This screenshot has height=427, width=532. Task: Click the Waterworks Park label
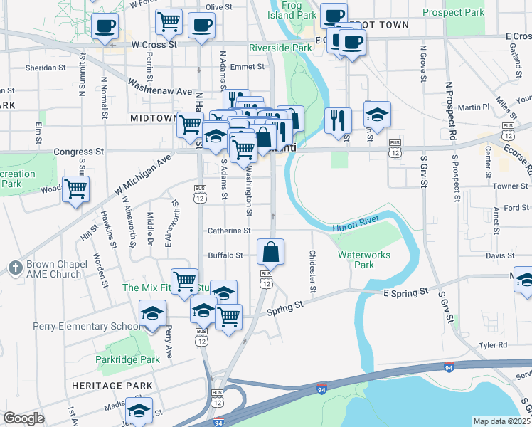(356, 260)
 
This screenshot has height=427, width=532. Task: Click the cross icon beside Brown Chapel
(14, 268)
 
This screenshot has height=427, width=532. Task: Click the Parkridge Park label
(128, 359)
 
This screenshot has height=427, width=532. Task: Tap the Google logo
(23, 418)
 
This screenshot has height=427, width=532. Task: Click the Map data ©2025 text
(501, 421)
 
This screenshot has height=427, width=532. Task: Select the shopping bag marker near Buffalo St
(271, 253)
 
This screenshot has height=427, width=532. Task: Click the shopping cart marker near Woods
(75, 190)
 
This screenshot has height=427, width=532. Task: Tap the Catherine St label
(229, 231)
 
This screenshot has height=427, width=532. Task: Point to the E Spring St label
(405, 292)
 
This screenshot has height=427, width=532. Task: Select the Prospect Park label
(453, 13)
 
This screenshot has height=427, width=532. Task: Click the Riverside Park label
(280, 48)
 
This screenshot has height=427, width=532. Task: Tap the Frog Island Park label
(293, 9)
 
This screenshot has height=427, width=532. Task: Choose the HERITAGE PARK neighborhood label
(112, 386)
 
